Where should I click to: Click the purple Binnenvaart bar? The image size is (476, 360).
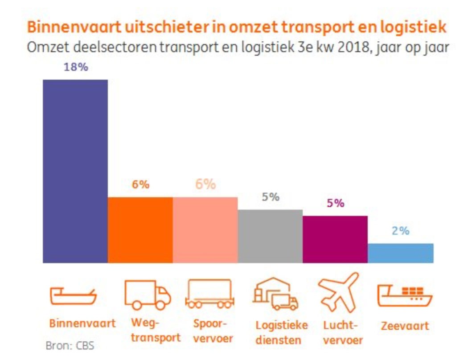click(x=75, y=172)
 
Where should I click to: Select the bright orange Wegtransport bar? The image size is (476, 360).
click(x=140, y=230)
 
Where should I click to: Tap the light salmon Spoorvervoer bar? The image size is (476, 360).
click(x=205, y=230)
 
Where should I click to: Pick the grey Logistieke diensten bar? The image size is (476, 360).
click(x=270, y=236)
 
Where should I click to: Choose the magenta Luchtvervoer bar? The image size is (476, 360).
click(x=335, y=239)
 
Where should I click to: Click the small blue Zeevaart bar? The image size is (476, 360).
click(x=400, y=253)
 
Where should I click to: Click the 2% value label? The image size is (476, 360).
click(x=400, y=231)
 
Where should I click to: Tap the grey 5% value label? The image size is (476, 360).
click(x=270, y=197)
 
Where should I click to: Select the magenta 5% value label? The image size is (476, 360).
click(x=335, y=203)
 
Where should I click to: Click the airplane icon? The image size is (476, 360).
click(x=338, y=292)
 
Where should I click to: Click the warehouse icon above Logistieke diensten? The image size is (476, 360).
click(x=275, y=295)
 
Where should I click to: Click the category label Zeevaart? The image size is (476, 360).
click(x=405, y=326)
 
